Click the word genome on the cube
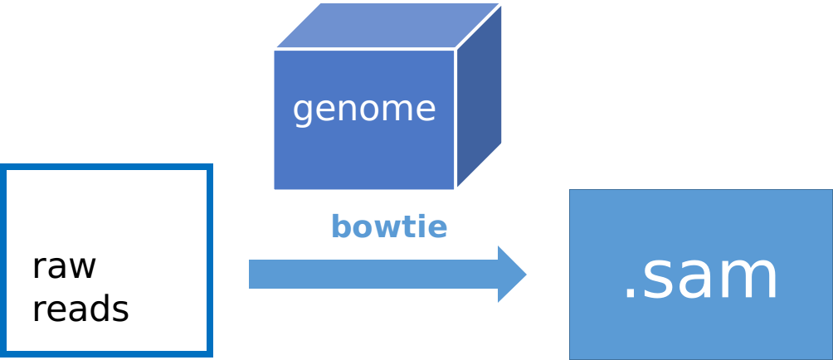[364, 109]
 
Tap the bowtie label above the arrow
[388, 227]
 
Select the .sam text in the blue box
[701, 276]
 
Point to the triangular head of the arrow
[510, 274]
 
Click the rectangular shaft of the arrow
[373, 274]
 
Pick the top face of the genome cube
[387, 26]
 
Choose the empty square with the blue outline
[108, 260]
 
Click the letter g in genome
[303, 111]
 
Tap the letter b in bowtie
[340, 226]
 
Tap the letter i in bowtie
[425, 226]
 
